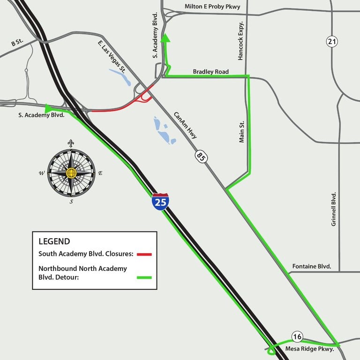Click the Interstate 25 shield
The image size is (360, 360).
coord(160,201)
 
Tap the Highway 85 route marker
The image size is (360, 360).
coord(201,156)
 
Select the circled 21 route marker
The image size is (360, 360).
coord(332,42)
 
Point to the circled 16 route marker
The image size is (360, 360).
coord(297,336)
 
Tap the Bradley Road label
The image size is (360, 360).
coord(210,72)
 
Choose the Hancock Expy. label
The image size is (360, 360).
coord(241,41)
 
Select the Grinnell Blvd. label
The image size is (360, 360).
coord(334,209)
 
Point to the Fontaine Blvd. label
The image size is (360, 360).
coord(312,266)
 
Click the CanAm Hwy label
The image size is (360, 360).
coord(185,125)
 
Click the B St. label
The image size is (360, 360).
coord(17,43)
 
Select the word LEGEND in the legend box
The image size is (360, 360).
coord(54,241)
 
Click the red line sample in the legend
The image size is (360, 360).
coord(145,254)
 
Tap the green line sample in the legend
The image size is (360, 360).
coord(145,278)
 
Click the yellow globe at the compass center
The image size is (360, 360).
coord(71,173)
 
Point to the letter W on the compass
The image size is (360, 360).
coord(42,173)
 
